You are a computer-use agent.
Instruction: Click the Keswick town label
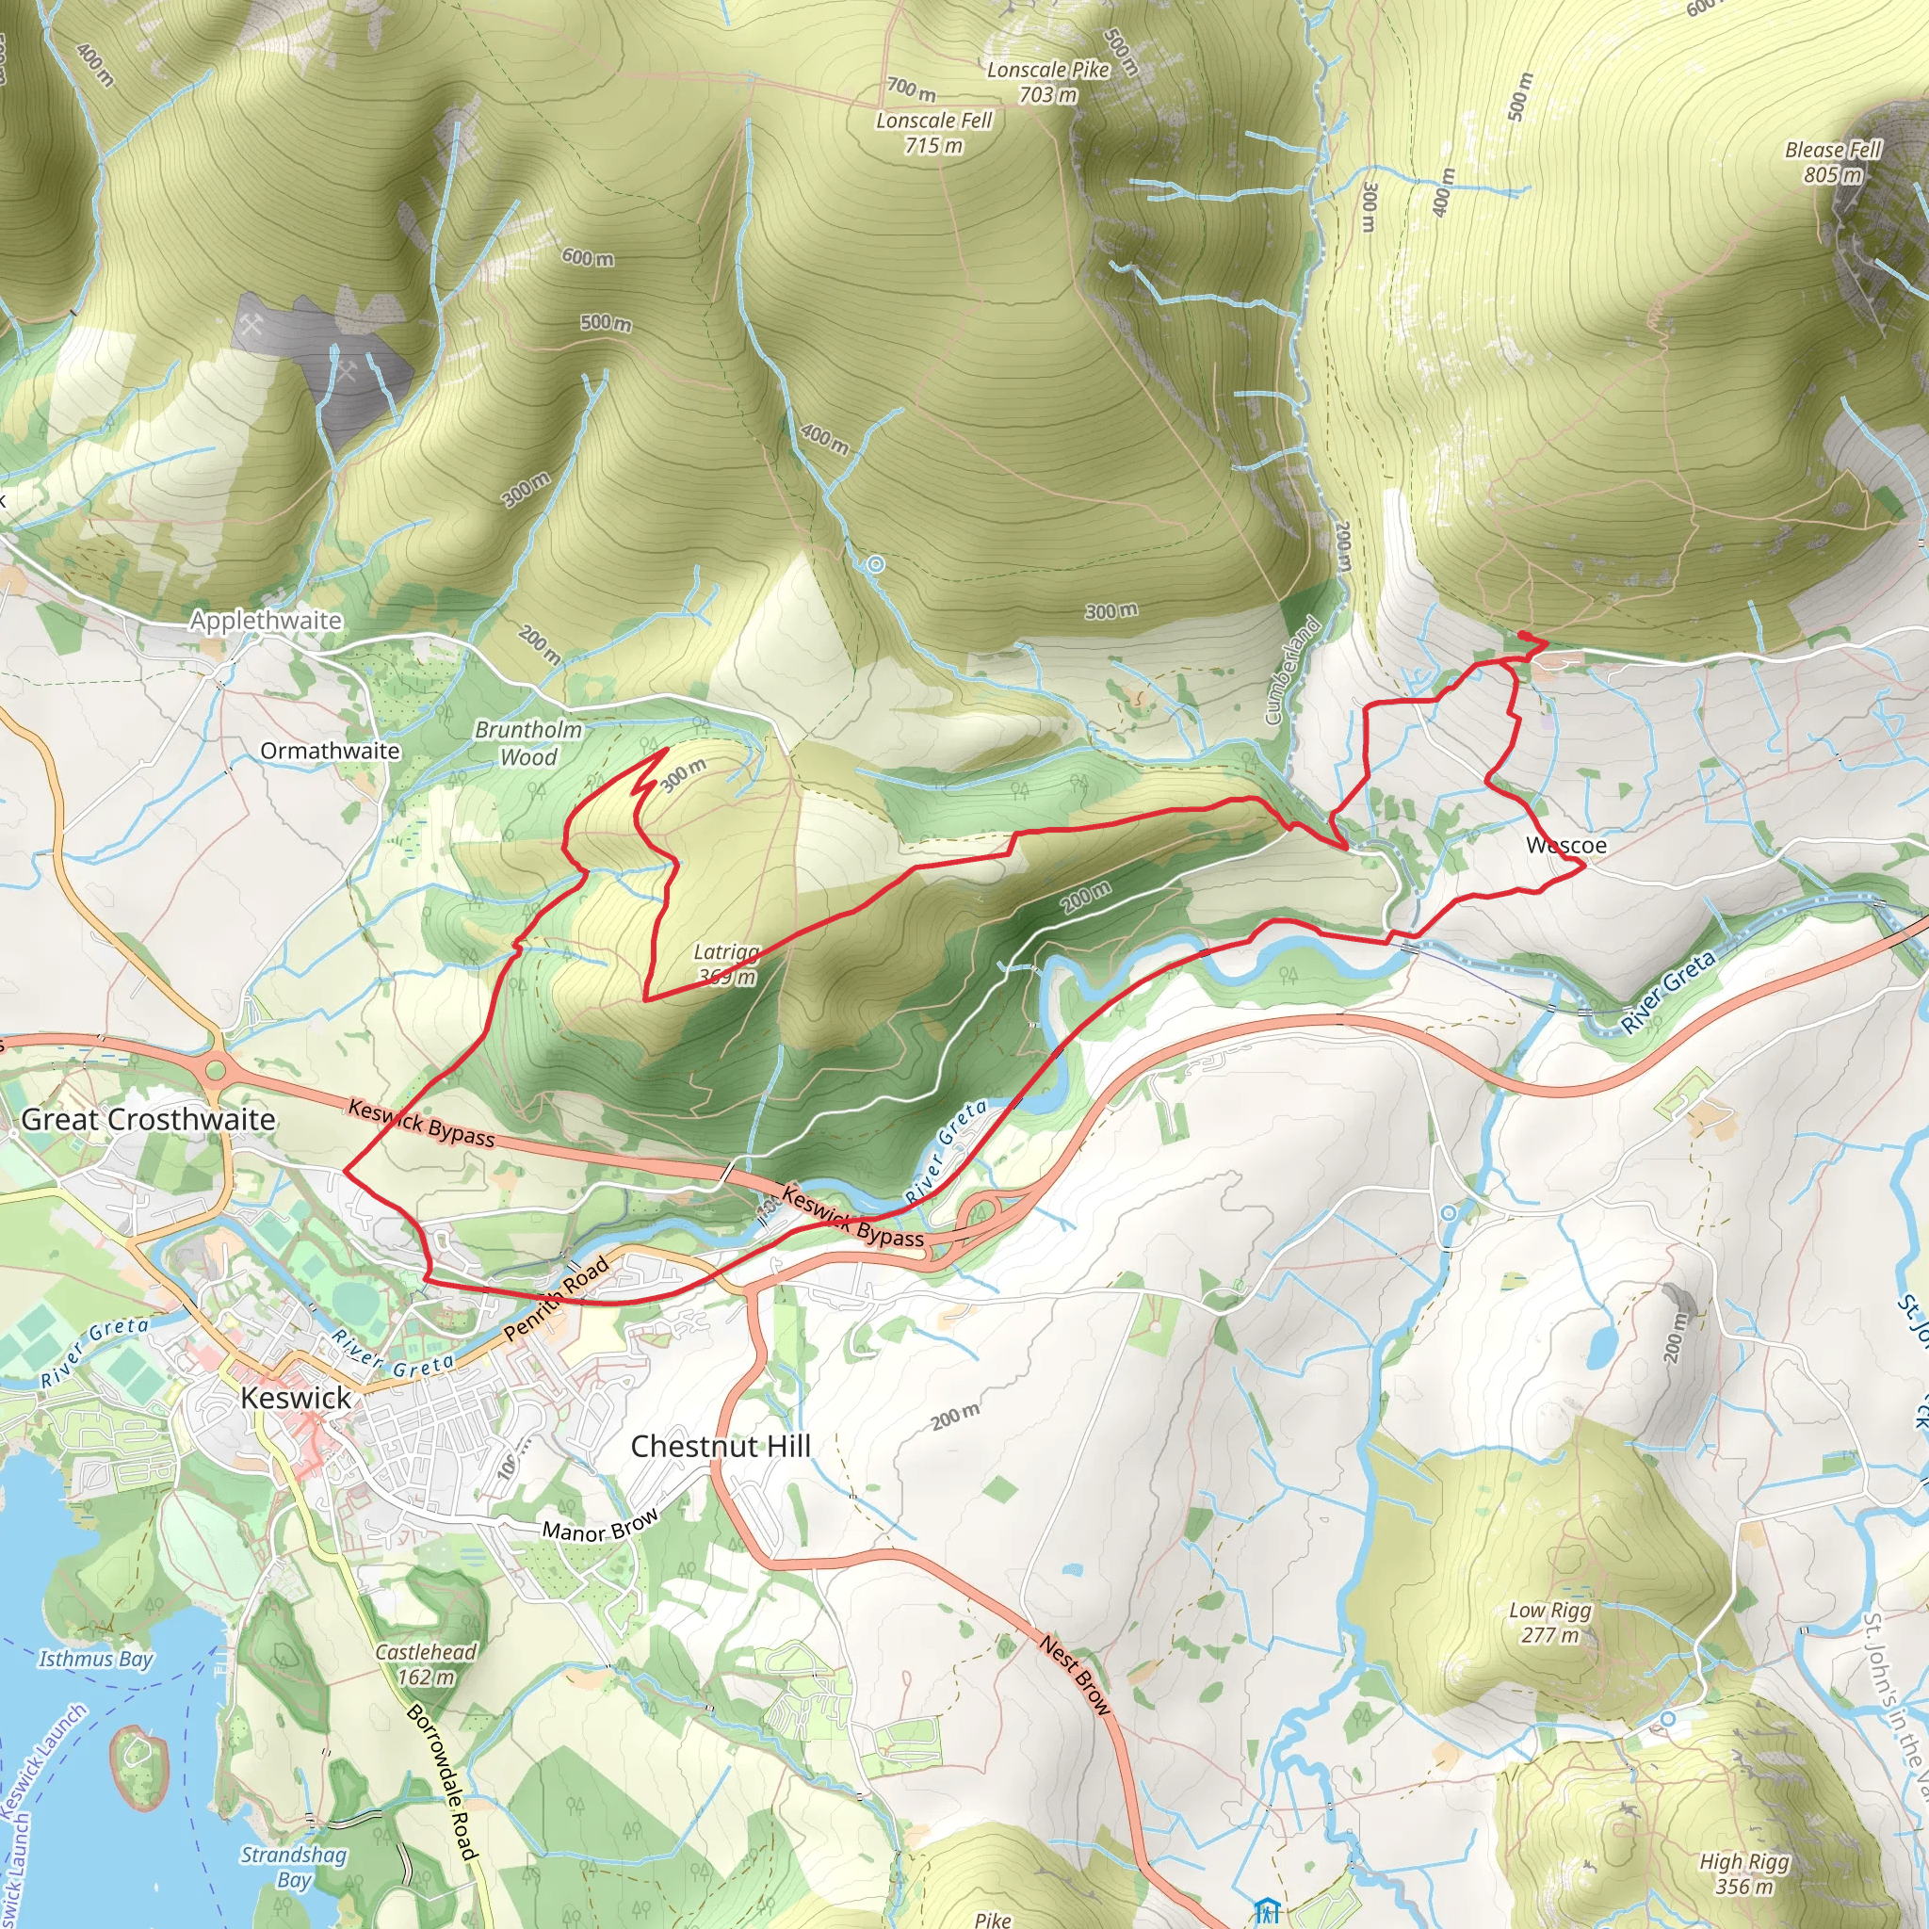click(x=296, y=1398)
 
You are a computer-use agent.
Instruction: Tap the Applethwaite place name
click(x=266, y=620)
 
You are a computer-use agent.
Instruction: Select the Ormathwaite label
click(x=330, y=751)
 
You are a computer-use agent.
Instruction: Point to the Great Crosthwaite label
click(x=148, y=1119)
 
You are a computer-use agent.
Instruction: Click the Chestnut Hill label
click(x=720, y=1446)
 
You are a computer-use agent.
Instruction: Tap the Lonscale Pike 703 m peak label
click(x=1047, y=82)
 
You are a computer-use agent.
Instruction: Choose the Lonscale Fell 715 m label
click(x=933, y=133)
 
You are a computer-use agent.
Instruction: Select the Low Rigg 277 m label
click(x=1549, y=1623)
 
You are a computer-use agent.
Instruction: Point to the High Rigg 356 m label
click(x=1744, y=1874)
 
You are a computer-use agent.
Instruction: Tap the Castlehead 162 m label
click(x=427, y=1664)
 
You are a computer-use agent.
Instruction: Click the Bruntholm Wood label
click(x=528, y=743)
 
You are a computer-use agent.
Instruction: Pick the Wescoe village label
click(x=1566, y=846)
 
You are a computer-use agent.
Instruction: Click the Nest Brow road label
click(x=1076, y=1676)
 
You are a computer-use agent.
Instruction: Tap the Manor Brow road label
click(x=600, y=1525)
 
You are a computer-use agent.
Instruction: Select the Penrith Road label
click(x=556, y=1299)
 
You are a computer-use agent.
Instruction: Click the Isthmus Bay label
click(x=96, y=1659)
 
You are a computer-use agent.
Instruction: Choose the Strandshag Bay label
click(x=294, y=1867)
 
